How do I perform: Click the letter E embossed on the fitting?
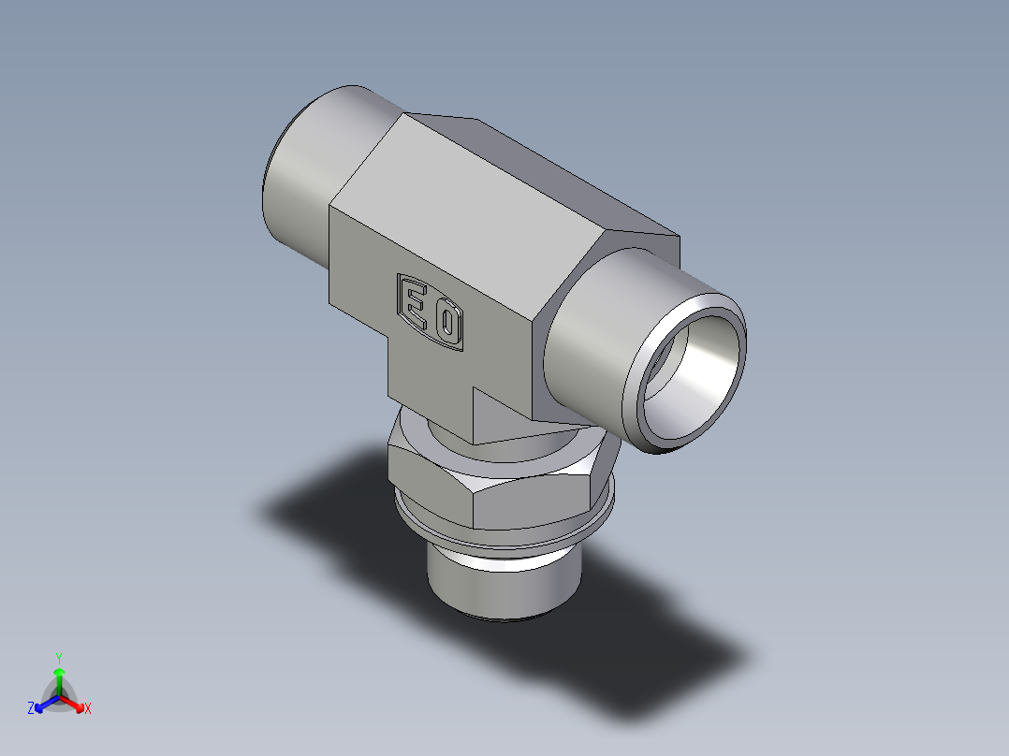click(413, 301)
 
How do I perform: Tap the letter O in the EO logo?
click(447, 325)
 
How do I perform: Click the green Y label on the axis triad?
click(59, 657)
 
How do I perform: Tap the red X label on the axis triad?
click(88, 709)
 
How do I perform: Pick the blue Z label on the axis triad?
click(31, 709)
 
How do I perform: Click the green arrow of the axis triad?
click(59, 676)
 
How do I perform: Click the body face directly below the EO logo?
click(431, 374)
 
